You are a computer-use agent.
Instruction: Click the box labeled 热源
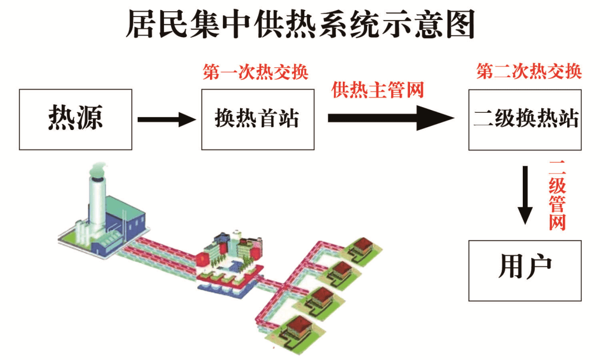pyautogui.click(x=76, y=119)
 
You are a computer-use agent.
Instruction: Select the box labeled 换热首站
pyautogui.click(x=257, y=119)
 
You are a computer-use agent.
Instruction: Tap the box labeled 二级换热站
pyautogui.click(x=525, y=119)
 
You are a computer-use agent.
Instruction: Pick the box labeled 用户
pyautogui.click(x=525, y=271)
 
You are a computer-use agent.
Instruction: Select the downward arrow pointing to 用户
pyautogui.click(x=525, y=194)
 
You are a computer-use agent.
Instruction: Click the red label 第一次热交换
pyautogui.click(x=256, y=72)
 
